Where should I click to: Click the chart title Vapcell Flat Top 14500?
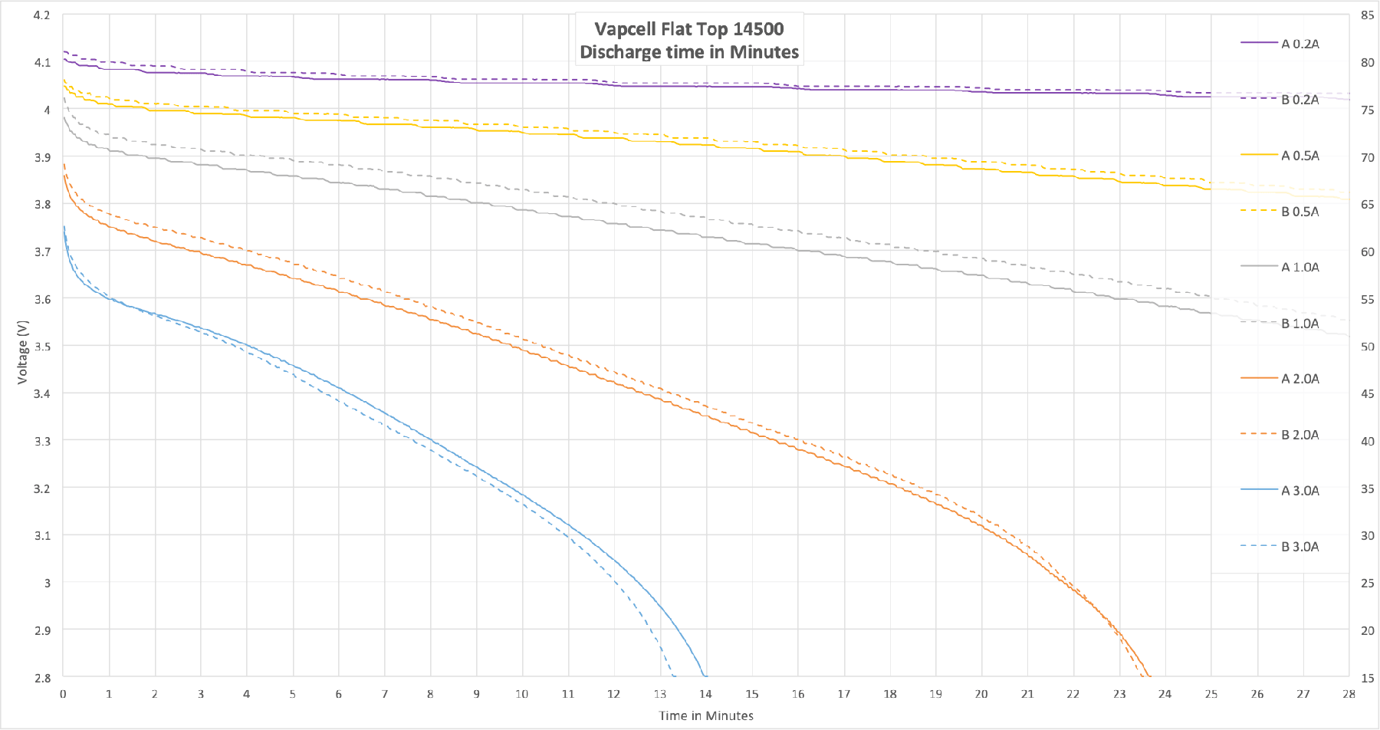tap(689, 29)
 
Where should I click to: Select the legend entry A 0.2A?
tap(1299, 44)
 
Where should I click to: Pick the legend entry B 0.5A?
tap(1299, 212)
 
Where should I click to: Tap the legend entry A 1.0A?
tap(1299, 268)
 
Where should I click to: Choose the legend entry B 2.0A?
tap(1299, 435)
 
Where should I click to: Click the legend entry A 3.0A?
tap(1299, 491)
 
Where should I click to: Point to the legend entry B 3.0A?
tap(1299, 547)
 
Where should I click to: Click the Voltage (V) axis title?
tap(22, 352)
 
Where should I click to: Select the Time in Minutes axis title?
tap(706, 715)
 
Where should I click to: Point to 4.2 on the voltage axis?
tap(42, 15)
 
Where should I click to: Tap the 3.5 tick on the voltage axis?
tap(42, 347)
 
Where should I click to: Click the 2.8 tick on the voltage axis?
tap(42, 678)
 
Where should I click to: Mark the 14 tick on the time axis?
tap(706, 694)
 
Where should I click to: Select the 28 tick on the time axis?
tap(1349, 694)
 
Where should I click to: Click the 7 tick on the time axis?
tap(385, 694)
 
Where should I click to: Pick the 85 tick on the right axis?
tap(1367, 15)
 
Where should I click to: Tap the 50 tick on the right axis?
tap(1367, 347)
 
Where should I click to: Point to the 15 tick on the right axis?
tap(1367, 678)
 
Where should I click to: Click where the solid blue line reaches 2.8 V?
tap(705, 676)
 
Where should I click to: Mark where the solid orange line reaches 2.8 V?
tap(1148, 676)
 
